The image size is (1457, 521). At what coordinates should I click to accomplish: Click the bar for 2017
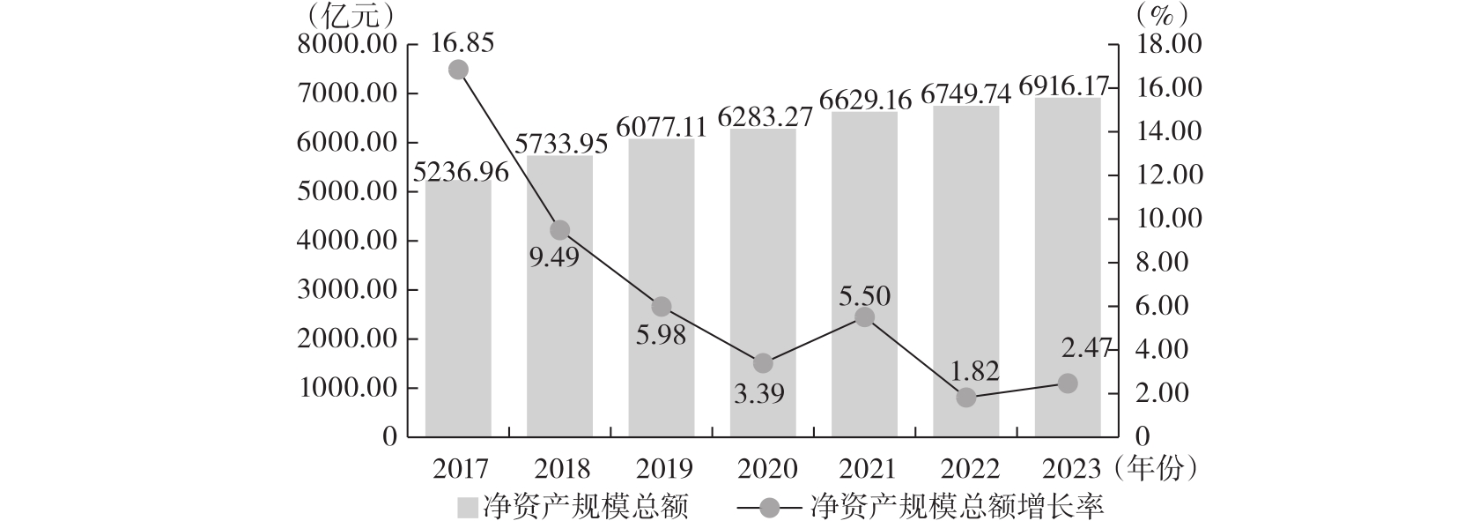pyautogui.click(x=458, y=309)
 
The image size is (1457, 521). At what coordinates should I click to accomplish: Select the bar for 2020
pyautogui.click(x=763, y=282)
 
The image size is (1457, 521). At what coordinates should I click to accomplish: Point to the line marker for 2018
pyautogui.click(x=560, y=230)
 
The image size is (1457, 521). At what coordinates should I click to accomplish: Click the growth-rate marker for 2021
pyautogui.click(x=865, y=317)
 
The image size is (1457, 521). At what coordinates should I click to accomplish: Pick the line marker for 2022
pyautogui.click(x=966, y=398)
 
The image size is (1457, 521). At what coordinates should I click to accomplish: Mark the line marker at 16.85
pyautogui.click(x=458, y=70)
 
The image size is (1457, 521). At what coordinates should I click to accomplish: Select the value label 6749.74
pyautogui.click(x=965, y=93)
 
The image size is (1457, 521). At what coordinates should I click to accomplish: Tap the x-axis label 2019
pyautogui.click(x=661, y=468)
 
